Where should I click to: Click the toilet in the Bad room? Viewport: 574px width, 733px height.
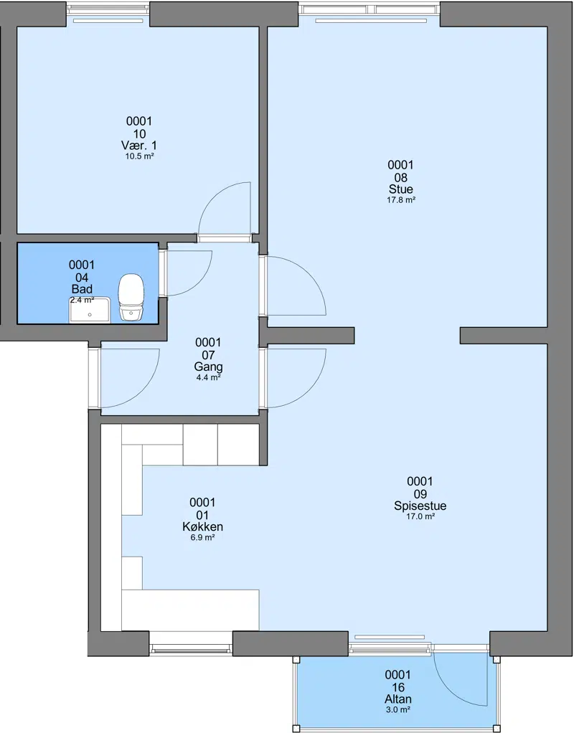point(131,297)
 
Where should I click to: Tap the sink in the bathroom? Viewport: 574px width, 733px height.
point(90,310)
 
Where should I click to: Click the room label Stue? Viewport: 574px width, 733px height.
point(401,189)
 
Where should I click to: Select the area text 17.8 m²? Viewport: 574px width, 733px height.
point(401,200)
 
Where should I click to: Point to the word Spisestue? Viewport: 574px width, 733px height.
point(420,506)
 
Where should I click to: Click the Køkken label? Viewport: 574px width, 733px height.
point(202,527)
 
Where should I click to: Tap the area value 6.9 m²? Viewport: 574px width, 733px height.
point(202,538)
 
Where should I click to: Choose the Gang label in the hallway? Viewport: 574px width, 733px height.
point(208,367)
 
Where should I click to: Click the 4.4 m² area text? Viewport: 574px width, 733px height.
point(208,378)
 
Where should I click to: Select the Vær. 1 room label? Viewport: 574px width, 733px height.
point(139,146)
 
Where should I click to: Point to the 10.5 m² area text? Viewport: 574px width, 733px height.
point(139,156)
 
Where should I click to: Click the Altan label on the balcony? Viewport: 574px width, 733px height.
point(398,699)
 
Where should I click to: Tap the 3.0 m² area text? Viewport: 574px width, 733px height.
point(398,709)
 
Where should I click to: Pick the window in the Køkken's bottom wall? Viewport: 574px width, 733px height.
point(191,648)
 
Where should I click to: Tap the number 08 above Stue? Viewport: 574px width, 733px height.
point(401,178)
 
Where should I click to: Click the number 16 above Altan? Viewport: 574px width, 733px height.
point(398,687)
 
